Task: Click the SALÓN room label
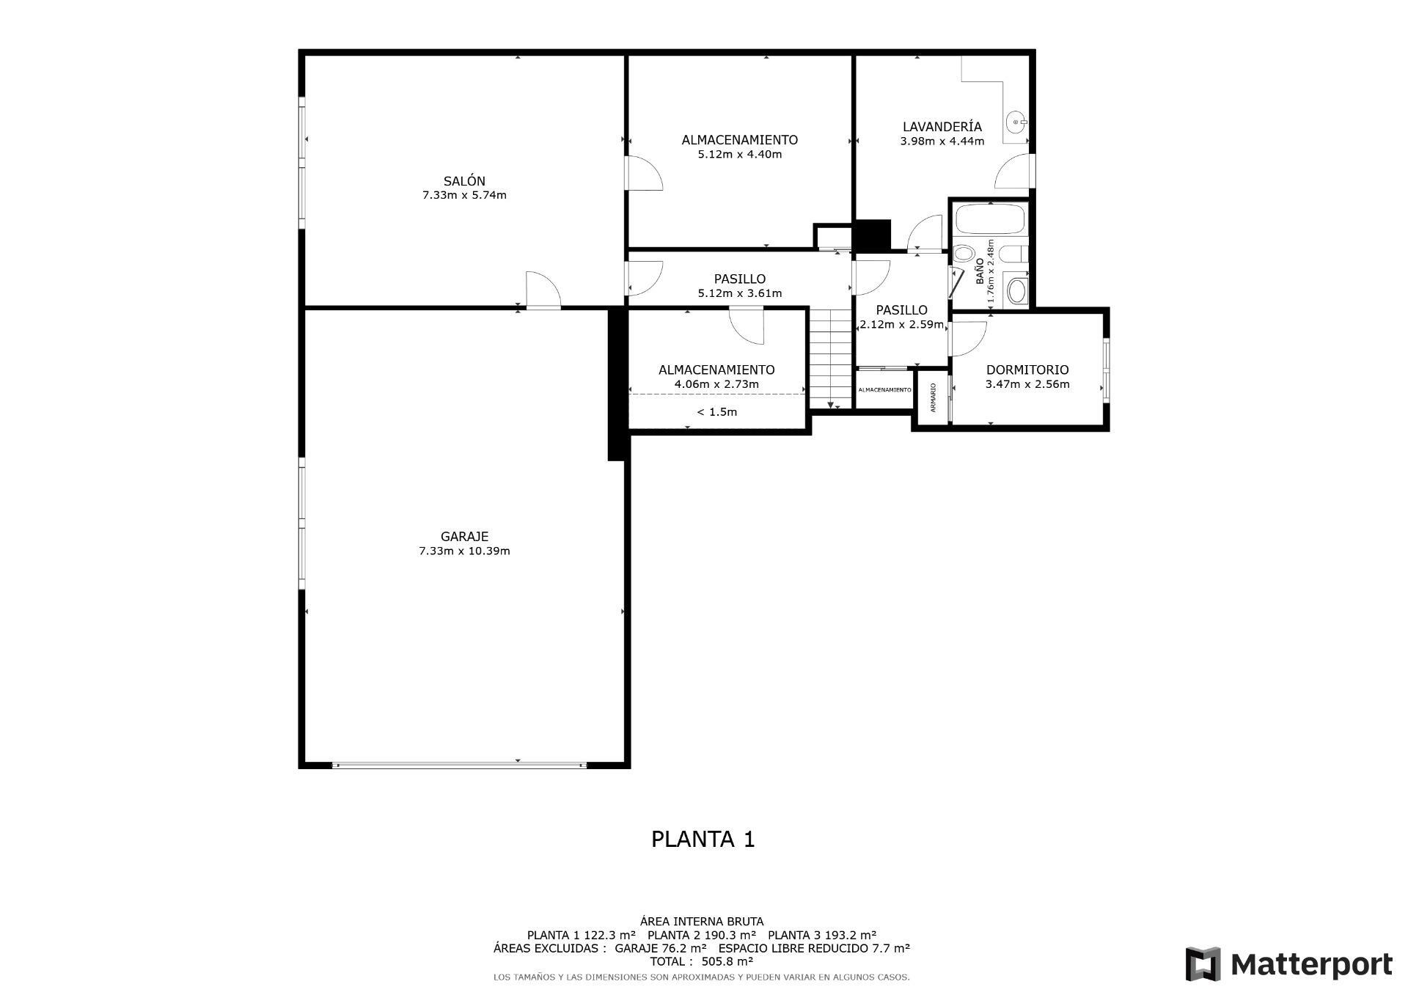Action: pyautogui.click(x=463, y=181)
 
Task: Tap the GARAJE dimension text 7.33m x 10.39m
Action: pyautogui.click(x=463, y=551)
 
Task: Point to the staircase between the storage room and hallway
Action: pyautogui.click(x=830, y=358)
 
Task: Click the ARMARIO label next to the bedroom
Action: pyautogui.click(x=933, y=397)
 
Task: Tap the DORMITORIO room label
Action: pyautogui.click(x=1027, y=370)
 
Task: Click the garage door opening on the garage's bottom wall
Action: pyautogui.click(x=460, y=765)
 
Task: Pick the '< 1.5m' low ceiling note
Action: pyautogui.click(x=716, y=412)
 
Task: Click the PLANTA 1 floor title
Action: pyautogui.click(x=703, y=839)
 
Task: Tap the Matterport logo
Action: pyautogui.click(x=1288, y=964)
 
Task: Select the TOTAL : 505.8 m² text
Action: pyautogui.click(x=701, y=961)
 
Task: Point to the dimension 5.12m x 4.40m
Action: pyautogui.click(x=739, y=155)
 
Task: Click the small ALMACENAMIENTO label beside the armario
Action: pyautogui.click(x=884, y=390)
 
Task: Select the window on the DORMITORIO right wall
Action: pyautogui.click(x=1106, y=370)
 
